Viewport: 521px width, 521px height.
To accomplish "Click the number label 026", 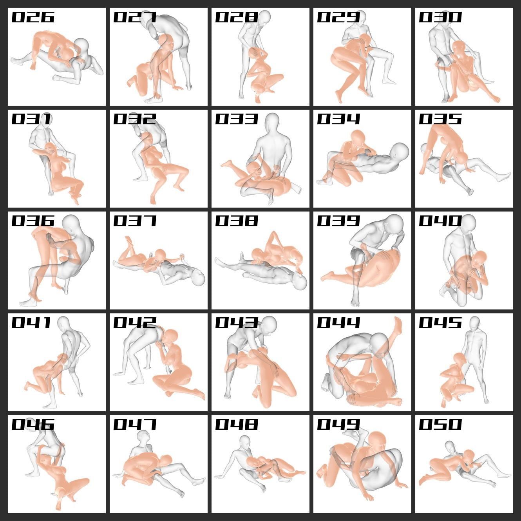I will click(x=33, y=17).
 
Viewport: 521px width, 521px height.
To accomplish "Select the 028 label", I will click(x=237, y=17).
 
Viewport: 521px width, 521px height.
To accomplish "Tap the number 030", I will click(x=440, y=17).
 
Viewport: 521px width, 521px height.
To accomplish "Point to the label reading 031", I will click(x=31, y=119).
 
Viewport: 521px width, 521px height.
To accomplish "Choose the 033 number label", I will click(x=237, y=119).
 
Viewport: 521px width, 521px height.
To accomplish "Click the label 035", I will click(x=440, y=119).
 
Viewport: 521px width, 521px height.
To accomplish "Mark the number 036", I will click(x=33, y=221).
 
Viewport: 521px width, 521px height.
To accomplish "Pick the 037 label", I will click(x=135, y=221).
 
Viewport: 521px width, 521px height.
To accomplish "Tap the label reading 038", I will click(x=237, y=221).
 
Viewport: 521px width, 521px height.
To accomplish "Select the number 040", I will click(x=440, y=221).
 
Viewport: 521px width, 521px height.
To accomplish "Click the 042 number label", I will click(x=135, y=323).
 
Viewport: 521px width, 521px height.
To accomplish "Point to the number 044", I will click(x=338, y=323).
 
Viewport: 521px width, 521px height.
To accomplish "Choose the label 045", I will click(x=440, y=323).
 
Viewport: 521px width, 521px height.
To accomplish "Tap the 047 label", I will click(x=135, y=425).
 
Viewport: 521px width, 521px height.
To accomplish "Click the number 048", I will click(x=237, y=425).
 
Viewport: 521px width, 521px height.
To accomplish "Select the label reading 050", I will click(x=440, y=425).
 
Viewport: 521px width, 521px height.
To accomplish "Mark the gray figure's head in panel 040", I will click(x=468, y=223).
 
